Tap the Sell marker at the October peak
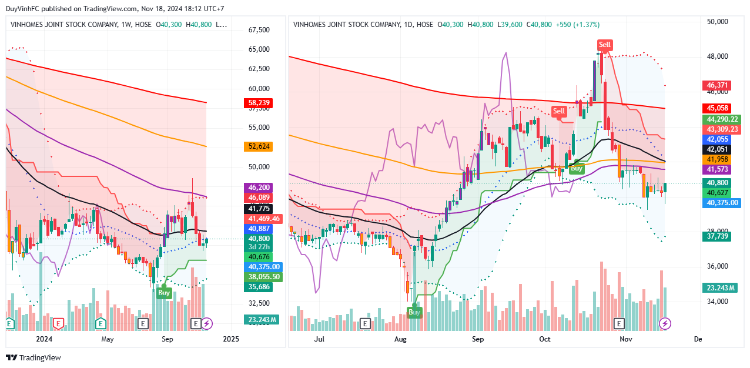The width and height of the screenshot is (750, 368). pyautogui.click(x=604, y=45)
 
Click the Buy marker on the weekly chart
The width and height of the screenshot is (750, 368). pyautogui.click(x=164, y=292)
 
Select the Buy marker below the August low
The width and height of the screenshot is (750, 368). pyautogui.click(x=415, y=312)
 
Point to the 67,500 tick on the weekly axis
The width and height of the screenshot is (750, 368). pyautogui.click(x=260, y=30)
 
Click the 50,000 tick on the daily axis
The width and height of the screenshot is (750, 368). pyautogui.click(x=718, y=22)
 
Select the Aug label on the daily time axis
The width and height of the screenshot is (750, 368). pyautogui.click(x=400, y=339)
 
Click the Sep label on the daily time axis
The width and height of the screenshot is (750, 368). pyautogui.click(x=477, y=339)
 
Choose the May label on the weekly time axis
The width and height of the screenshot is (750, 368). pyautogui.click(x=107, y=339)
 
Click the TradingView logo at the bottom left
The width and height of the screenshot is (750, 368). pyautogui.click(x=34, y=358)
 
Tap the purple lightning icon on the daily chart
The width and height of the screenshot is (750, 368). pyautogui.click(x=665, y=323)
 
